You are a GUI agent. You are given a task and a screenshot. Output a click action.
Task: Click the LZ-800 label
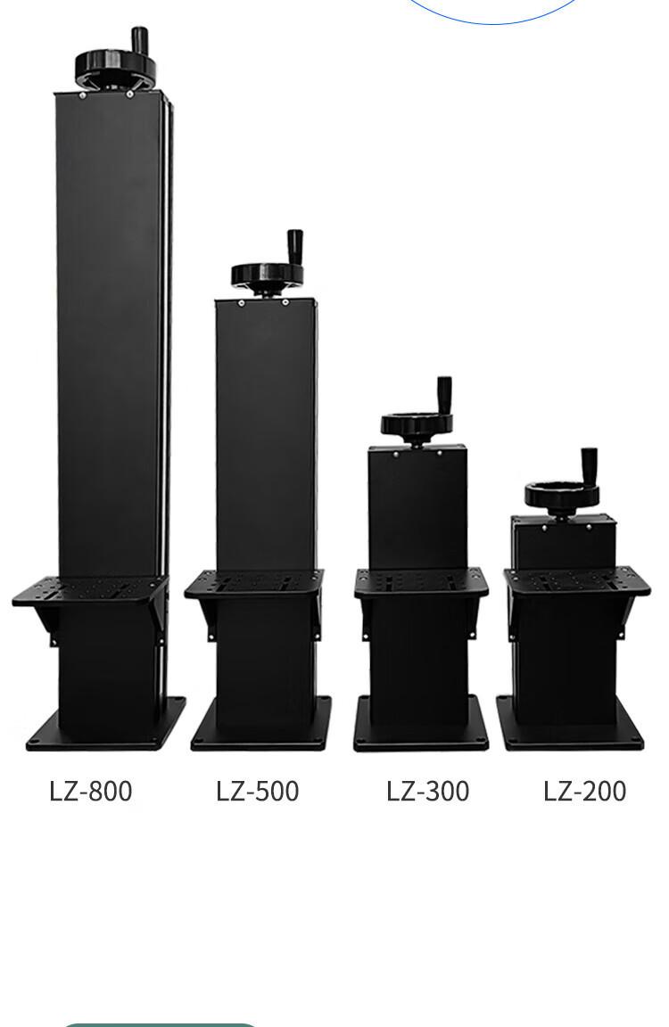point(90,791)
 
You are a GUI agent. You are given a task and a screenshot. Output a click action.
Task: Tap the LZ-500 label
point(258,791)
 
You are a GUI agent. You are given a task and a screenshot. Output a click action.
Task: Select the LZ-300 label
point(427,791)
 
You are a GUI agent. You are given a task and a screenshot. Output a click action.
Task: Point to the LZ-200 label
point(584,791)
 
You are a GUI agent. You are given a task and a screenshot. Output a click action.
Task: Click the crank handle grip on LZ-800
point(139,38)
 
